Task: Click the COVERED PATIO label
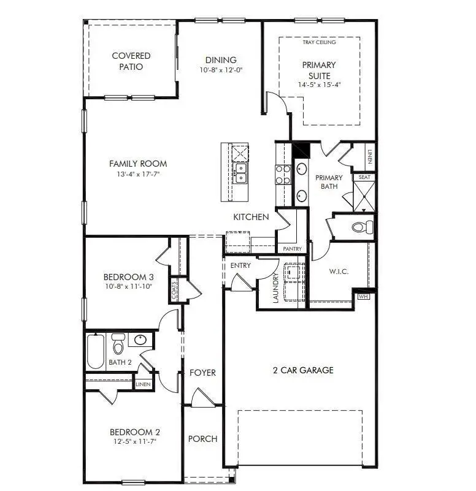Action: [131, 61]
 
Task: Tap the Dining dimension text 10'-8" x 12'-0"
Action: [221, 70]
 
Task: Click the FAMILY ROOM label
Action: [138, 164]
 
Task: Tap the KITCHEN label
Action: [250, 217]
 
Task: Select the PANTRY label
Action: [292, 249]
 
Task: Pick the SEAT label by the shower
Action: [364, 177]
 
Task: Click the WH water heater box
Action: [363, 296]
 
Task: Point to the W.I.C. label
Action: [339, 272]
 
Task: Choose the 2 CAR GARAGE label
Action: [302, 370]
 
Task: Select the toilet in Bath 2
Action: [118, 345]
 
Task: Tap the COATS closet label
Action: [175, 290]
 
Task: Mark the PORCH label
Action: [202, 439]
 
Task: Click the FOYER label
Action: [202, 373]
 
